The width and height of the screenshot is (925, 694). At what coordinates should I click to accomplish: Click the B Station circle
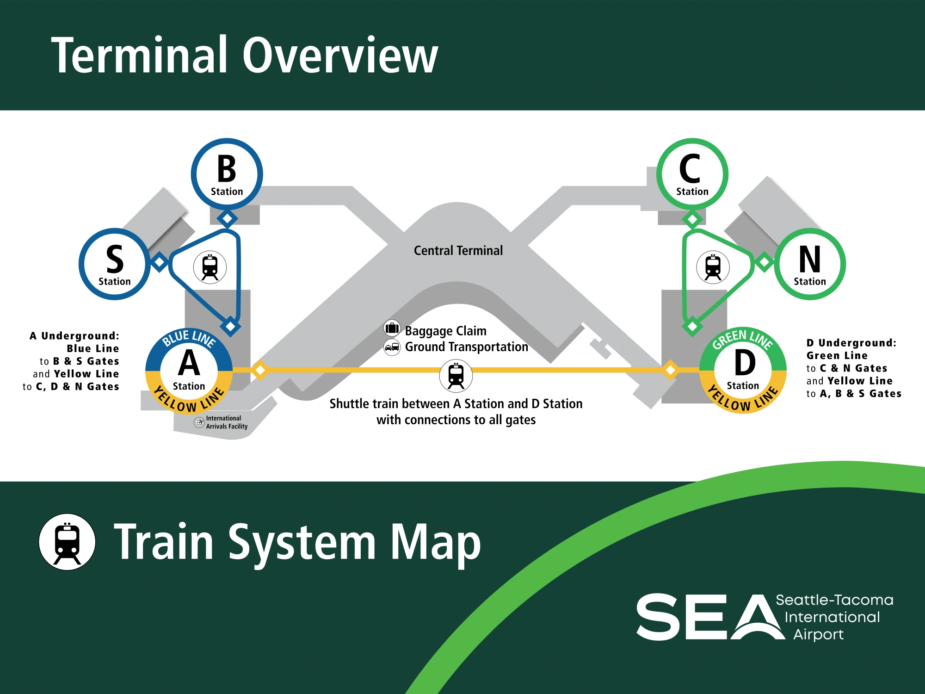point(227,174)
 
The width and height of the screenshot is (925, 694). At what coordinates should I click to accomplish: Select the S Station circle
point(115,264)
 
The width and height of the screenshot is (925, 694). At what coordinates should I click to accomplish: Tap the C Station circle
point(692,174)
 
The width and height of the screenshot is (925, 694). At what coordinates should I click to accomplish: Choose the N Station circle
point(810,264)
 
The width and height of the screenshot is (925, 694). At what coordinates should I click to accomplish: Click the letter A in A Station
point(189,363)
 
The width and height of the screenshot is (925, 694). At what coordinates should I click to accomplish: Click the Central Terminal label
point(458,251)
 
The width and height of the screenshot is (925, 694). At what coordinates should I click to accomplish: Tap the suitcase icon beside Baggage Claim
point(392,328)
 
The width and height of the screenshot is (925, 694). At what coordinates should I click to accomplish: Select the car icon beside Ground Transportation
point(392,347)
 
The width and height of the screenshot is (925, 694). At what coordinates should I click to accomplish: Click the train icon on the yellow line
point(456,376)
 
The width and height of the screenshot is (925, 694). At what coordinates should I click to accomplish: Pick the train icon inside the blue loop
point(210,267)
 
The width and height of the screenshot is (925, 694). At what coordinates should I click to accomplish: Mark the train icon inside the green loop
point(713,267)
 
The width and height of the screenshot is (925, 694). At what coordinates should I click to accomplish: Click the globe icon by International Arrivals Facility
point(199,422)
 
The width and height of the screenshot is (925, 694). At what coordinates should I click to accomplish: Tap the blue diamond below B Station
point(227,218)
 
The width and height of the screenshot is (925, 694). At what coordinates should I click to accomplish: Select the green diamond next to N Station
point(764,262)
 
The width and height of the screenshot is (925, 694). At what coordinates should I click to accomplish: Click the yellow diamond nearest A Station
point(260,370)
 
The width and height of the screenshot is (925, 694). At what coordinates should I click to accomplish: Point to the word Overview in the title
point(340,56)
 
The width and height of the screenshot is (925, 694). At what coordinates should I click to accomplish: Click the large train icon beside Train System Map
point(67,542)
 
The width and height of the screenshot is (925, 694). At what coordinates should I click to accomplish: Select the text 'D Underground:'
point(851,343)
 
